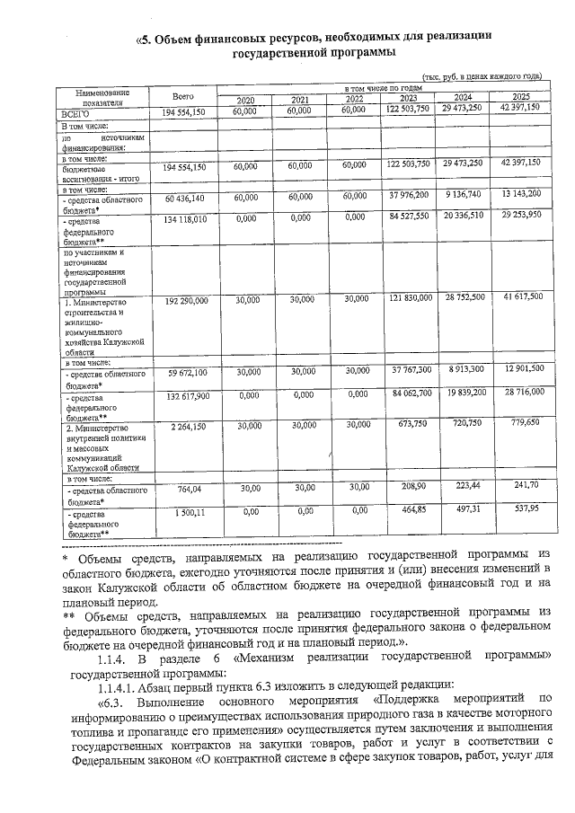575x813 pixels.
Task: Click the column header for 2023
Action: coord(408,99)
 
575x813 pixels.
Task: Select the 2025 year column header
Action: coord(520,98)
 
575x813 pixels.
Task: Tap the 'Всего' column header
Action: coord(183,94)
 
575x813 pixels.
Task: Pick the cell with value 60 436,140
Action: coord(184,196)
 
